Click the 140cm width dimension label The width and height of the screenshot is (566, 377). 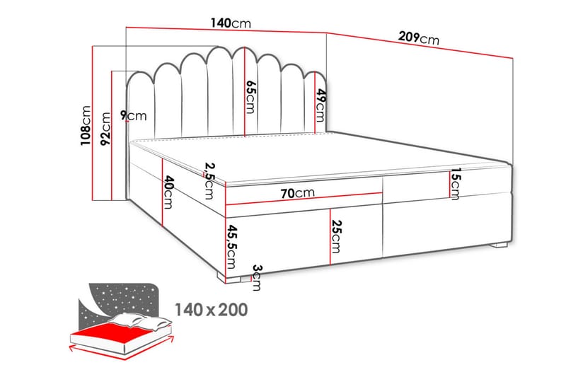[231, 23]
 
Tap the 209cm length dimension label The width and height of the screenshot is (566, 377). [417, 37]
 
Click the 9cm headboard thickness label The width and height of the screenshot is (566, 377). [133, 115]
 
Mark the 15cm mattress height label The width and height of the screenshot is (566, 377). [455, 183]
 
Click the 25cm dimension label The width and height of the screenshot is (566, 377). [337, 238]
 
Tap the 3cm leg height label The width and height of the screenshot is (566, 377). [257, 277]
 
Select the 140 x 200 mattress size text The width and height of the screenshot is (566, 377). [212, 309]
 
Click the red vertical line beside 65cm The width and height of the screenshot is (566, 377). [244, 92]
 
